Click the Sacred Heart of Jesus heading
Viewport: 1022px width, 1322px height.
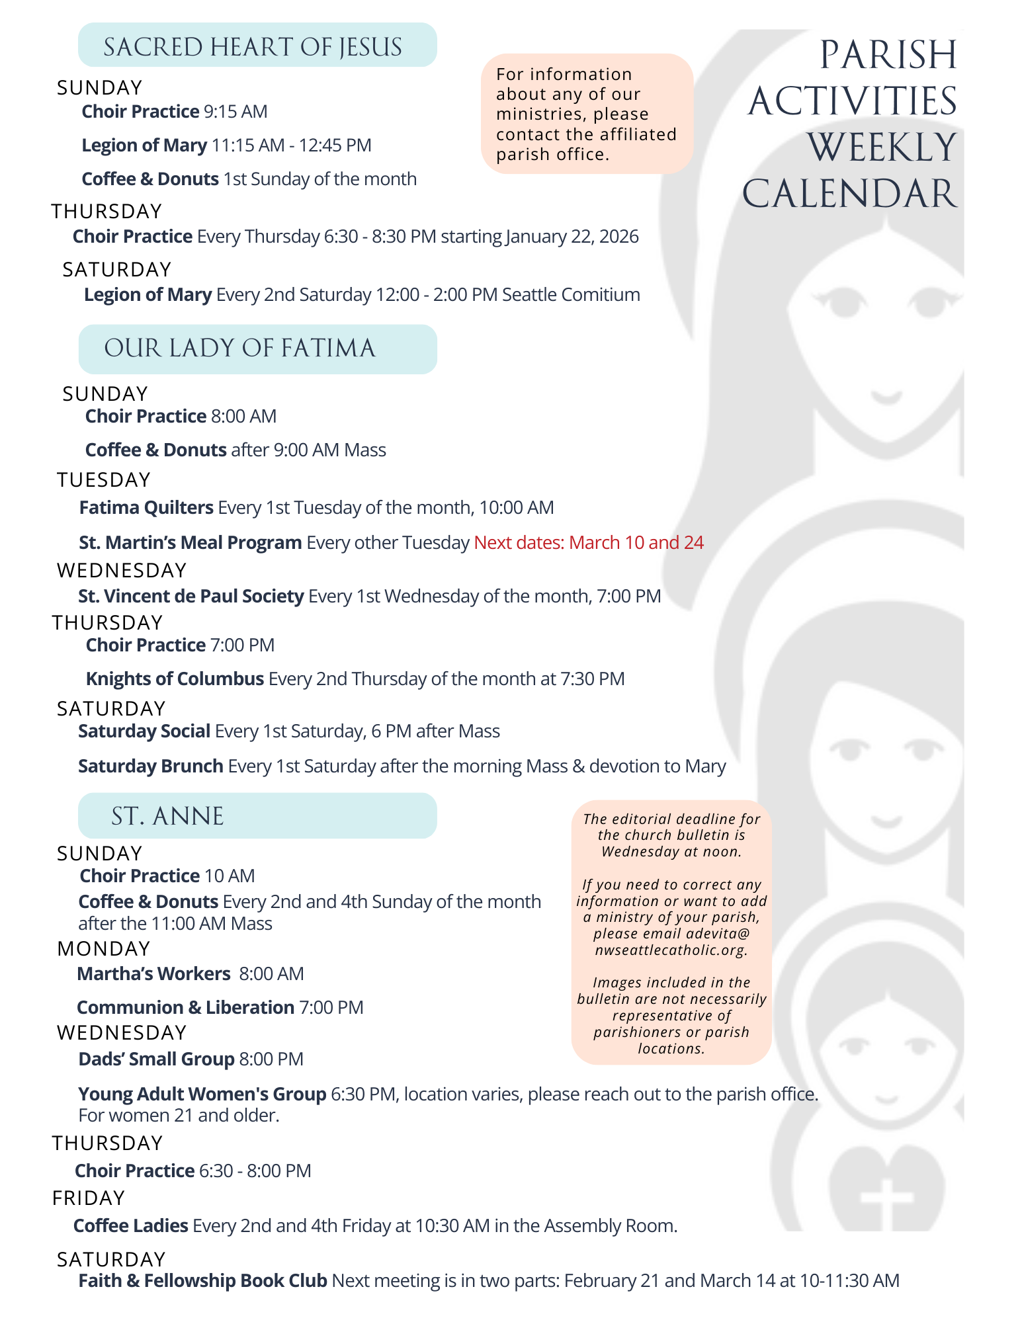coord(253,47)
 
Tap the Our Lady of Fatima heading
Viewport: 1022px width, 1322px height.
coord(239,349)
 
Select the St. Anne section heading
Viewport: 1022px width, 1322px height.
coord(167,816)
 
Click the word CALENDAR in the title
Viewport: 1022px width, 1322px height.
coord(849,194)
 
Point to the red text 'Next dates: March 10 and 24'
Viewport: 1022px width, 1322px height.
coord(589,543)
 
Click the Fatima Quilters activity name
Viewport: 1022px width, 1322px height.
coord(146,508)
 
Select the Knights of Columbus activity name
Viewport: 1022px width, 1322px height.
coord(175,679)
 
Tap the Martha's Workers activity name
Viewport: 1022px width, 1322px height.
coord(153,974)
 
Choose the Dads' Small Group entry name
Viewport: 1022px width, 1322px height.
coord(156,1059)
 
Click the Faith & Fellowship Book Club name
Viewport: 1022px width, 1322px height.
coord(202,1281)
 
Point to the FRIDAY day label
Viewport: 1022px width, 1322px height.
coord(89,1198)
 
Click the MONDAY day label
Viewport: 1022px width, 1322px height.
coord(104,949)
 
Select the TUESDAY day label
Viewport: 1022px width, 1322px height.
coord(104,480)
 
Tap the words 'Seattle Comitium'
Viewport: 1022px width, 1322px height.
coord(571,295)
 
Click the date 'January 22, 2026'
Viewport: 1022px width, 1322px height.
coord(572,237)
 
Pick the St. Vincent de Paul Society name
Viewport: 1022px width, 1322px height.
coord(191,597)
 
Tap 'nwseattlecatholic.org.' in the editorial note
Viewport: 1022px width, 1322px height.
coord(671,950)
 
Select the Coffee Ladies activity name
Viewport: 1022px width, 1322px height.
coord(130,1226)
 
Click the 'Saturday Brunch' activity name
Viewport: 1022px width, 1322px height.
coord(150,766)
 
